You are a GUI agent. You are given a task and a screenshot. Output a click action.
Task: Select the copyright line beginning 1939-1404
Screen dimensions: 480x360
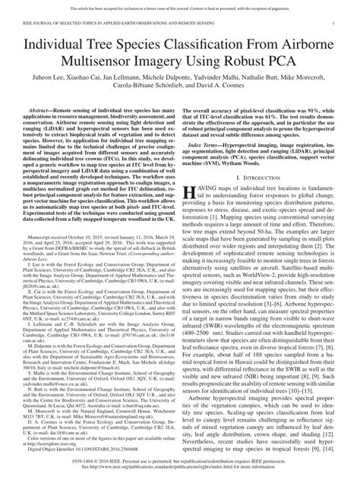[180, 458]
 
